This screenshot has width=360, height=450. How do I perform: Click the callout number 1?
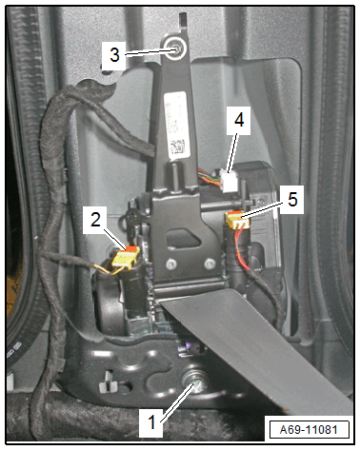coord(152,422)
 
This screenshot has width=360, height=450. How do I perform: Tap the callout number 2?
coord(95,220)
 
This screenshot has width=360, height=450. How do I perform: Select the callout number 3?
coord(114,54)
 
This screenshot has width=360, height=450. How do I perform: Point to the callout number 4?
coord(239,120)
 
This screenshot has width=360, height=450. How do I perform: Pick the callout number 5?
coord(292,200)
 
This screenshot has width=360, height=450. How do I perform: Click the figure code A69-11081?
coord(309,430)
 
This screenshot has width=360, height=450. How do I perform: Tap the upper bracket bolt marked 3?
coord(174,49)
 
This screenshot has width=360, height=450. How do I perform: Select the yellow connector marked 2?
coord(126,257)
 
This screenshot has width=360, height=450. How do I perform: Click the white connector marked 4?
coord(230,181)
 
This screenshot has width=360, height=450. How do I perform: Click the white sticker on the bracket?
coord(176,125)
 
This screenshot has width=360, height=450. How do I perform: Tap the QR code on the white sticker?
coord(178,147)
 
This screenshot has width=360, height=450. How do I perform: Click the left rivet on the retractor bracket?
coord(171,264)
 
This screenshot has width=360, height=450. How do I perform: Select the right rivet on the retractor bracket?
coord(210,264)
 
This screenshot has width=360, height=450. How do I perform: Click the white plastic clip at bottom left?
coord(109,382)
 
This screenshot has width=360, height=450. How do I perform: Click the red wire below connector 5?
coord(242,250)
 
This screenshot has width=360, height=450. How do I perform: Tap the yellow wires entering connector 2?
coord(110,269)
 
